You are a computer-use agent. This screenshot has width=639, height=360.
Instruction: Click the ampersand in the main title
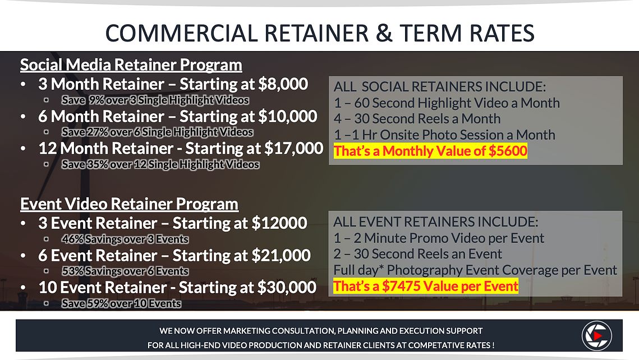384,34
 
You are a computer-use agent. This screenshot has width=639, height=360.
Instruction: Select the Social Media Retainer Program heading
131,64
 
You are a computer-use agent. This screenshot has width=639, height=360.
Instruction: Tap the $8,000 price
283,84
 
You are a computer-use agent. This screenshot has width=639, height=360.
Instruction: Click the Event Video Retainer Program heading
129,204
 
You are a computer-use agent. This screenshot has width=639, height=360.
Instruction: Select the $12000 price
279,223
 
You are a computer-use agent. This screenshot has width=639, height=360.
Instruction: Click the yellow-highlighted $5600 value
508,151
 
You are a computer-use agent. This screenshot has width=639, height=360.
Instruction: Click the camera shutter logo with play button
596,335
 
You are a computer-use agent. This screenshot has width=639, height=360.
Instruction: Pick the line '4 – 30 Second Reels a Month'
417,119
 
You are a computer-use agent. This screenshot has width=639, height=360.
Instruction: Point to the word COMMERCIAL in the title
182,34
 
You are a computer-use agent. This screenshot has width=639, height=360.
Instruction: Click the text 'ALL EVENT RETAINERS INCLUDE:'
436,222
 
